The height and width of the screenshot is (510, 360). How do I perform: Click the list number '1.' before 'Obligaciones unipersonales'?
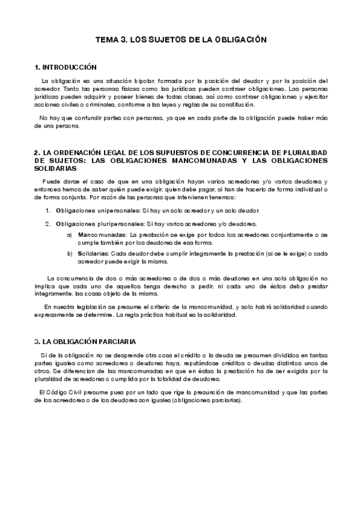(x=48, y=210)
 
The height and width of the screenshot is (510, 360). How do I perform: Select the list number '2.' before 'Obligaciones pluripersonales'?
(x=48, y=224)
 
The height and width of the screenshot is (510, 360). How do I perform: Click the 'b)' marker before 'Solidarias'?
(x=70, y=254)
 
